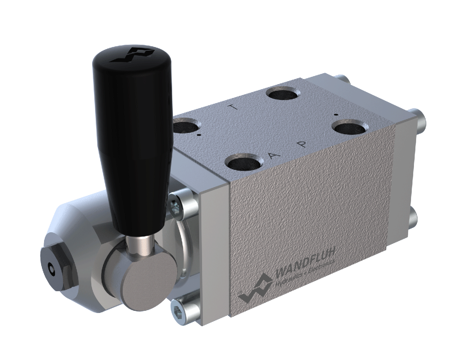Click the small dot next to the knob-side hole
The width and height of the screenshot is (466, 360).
[200, 135]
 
